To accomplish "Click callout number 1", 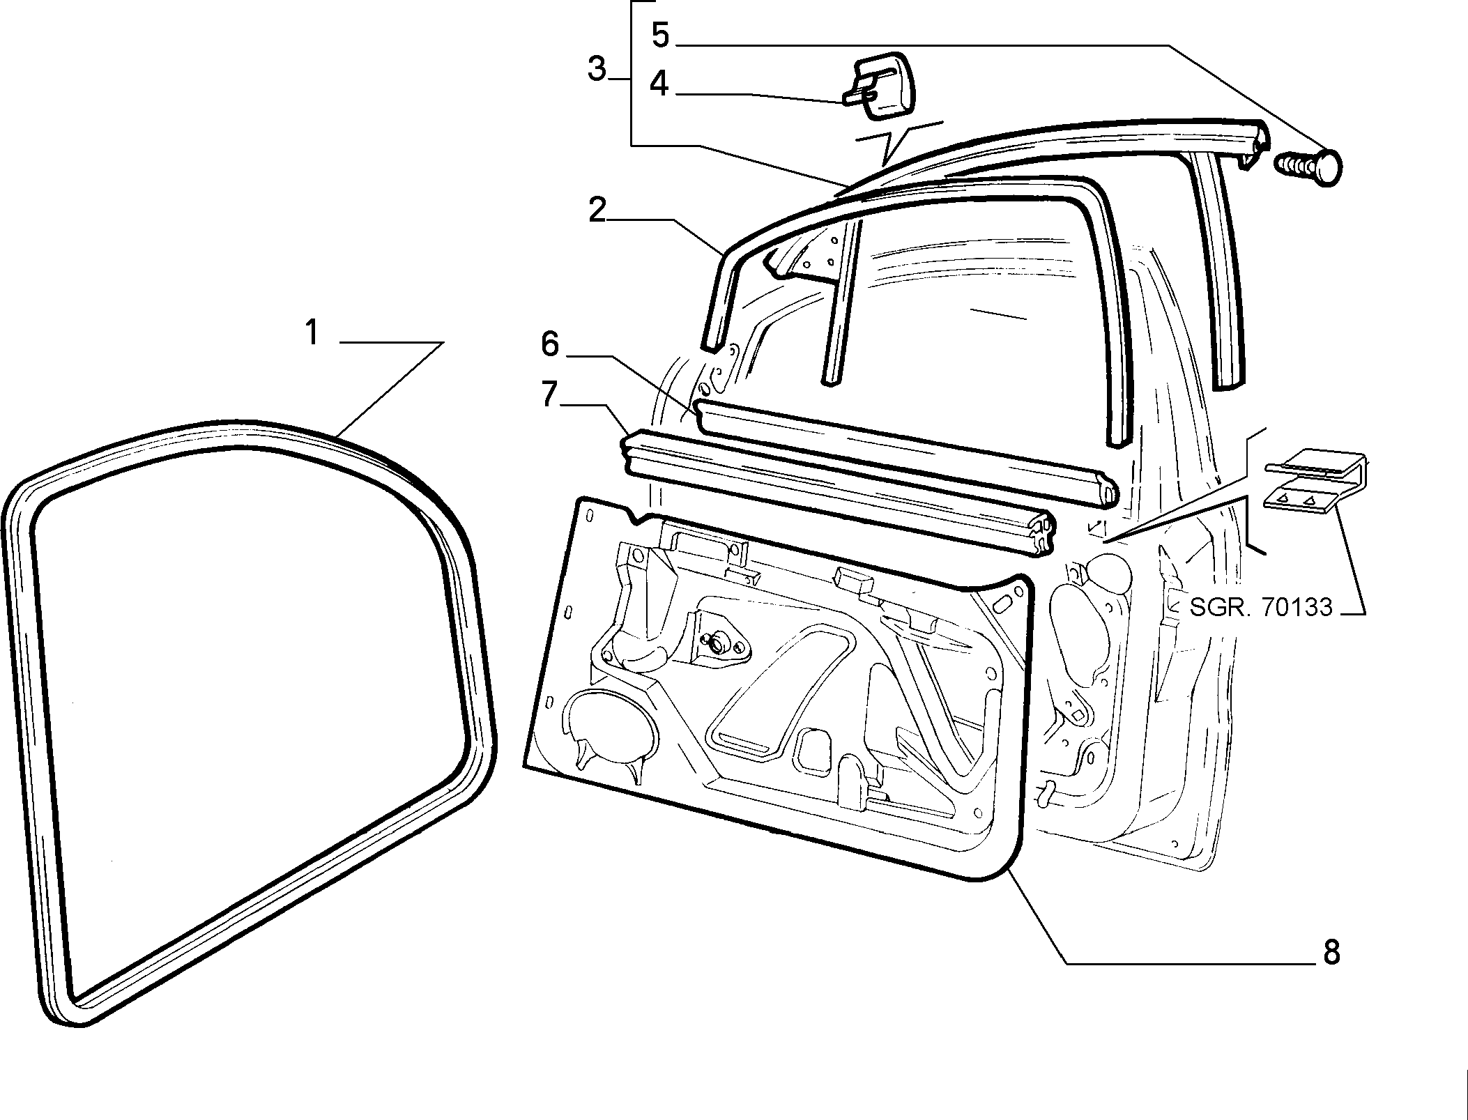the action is pyautogui.click(x=312, y=332).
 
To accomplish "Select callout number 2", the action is pyautogui.click(x=597, y=210).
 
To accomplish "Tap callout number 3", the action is pyautogui.click(x=597, y=70).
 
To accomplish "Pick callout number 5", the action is pyautogui.click(x=660, y=35).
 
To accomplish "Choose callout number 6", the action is pyautogui.click(x=551, y=344).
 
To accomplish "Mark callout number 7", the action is pyautogui.click(x=550, y=394).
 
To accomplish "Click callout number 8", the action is pyautogui.click(x=1331, y=952).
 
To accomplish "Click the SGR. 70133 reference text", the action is pyautogui.click(x=1260, y=607).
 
